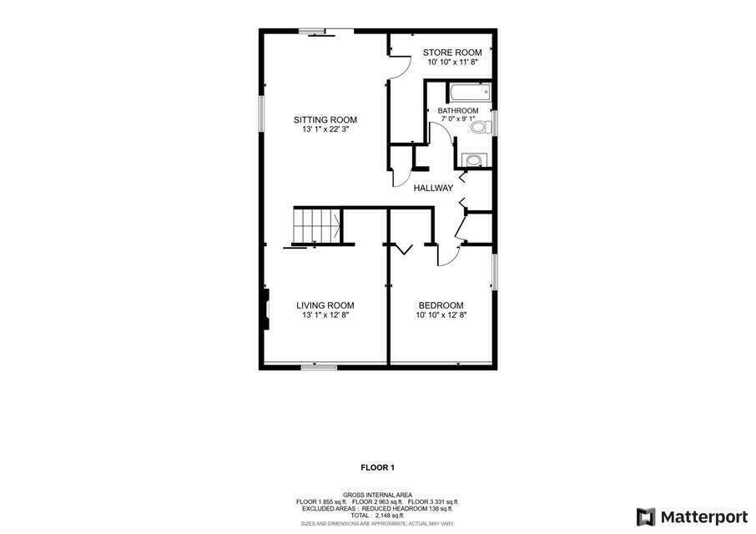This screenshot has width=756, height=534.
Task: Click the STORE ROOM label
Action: tap(451, 53)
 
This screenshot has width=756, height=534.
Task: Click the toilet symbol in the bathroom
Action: tap(480, 128)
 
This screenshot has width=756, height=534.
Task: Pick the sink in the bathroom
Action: tap(473, 159)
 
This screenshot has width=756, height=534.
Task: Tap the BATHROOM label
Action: tap(458, 111)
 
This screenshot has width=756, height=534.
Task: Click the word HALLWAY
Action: tap(433, 188)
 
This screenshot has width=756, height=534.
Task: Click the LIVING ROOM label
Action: tap(325, 305)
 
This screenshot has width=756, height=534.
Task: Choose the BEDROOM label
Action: tap(441, 305)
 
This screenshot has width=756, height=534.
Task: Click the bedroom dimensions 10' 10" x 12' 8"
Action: tap(441, 315)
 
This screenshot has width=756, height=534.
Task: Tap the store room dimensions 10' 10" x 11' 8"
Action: tap(451, 63)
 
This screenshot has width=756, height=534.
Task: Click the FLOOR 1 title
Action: tap(377, 467)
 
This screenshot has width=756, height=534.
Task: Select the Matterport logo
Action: tap(692, 516)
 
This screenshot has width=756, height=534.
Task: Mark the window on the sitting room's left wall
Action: tap(261, 113)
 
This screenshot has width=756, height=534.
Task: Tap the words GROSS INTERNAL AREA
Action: tap(377, 495)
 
